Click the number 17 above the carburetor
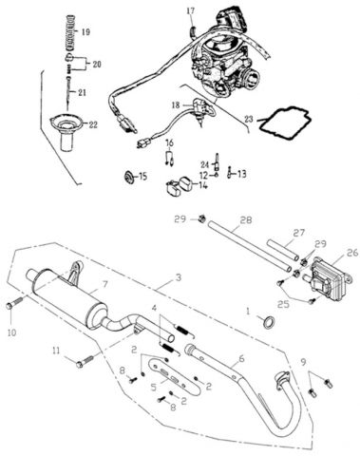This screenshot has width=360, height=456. pyautogui.click(x=189, y=10)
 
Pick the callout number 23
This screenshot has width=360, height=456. pyautogui.click(x=250, y=119)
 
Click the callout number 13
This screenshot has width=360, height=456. pyautogui.click(x=241, y=173)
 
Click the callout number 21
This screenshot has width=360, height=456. pyautogui.click(x=82, y=92)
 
